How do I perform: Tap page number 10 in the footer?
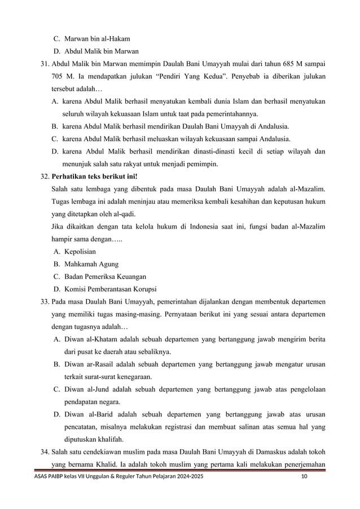[x=305, y=477]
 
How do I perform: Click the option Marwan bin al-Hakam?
[x=97, y=39]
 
